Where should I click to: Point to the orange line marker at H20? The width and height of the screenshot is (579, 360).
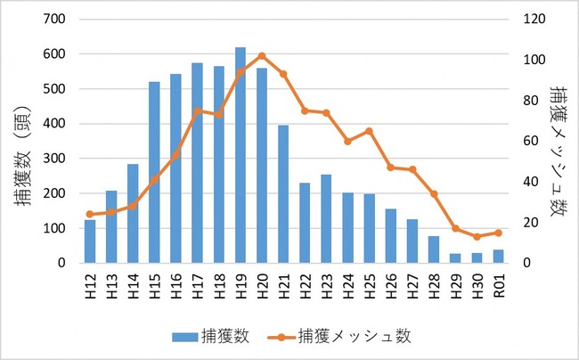pyautogui.click(x=262, y=55)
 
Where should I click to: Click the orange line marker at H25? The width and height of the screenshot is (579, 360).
pyautogui.click(x=369, y=131)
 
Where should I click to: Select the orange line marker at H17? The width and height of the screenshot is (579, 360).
pyautogui.click(x=197, y=110)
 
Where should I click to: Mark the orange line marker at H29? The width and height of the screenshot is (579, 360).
pyautogui.click(x=455, y=228)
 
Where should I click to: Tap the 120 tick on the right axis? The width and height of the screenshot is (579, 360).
pyautogui.click(x=533, y=19)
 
